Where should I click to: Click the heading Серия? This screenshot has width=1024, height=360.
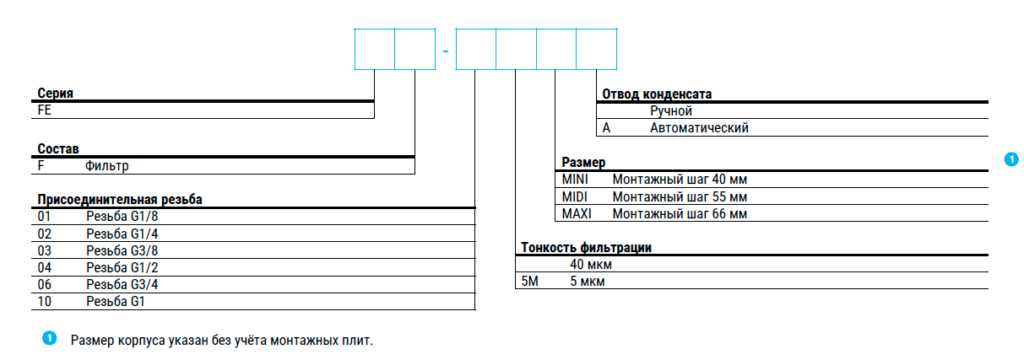pos(55,93)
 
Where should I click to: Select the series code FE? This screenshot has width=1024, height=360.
pos(45,110)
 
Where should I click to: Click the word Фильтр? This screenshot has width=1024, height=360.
pos(106,166)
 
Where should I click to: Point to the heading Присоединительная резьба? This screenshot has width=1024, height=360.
pos(120,200)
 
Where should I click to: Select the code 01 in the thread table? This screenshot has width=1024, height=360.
pos(44,216)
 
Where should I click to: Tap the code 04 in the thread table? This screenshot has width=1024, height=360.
pos(44,267)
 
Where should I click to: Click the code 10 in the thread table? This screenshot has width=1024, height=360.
pos(44,301)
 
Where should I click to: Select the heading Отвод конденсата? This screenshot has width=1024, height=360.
pos(657,94)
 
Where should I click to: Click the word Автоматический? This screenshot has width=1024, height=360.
pos(699,128)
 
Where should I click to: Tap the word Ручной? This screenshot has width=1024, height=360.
pos(671,111)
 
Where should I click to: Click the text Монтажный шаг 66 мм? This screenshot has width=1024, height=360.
pos(680,214)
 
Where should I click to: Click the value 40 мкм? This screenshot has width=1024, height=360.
pos(590,265)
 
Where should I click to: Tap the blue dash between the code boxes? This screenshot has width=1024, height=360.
pos(445,50)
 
